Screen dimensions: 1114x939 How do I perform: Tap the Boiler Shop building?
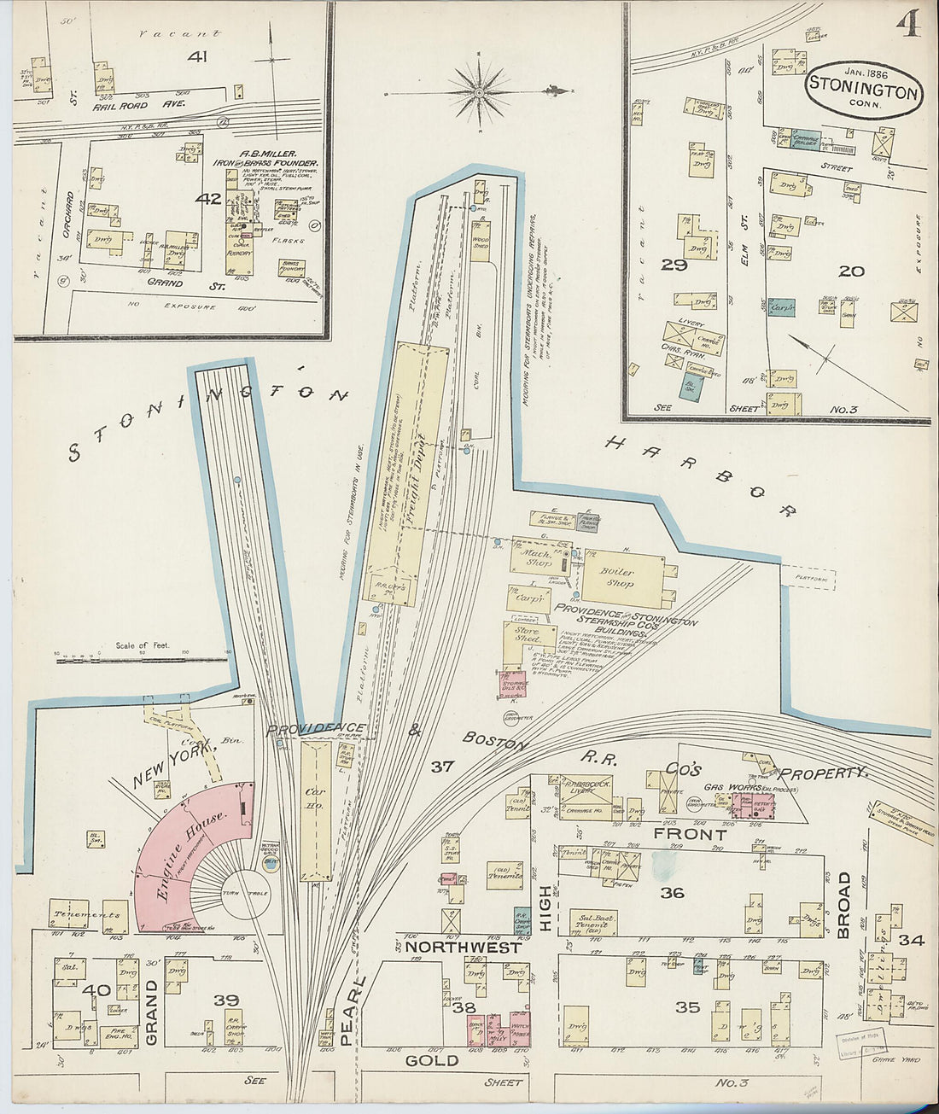[x=621, y=578]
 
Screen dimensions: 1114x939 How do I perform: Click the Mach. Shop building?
[x=538, y=558]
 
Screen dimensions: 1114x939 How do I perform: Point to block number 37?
[x=441, y=767]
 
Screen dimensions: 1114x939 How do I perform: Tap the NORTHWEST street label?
[x=463, y=948]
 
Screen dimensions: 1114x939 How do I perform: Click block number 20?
[x=850, y=271]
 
